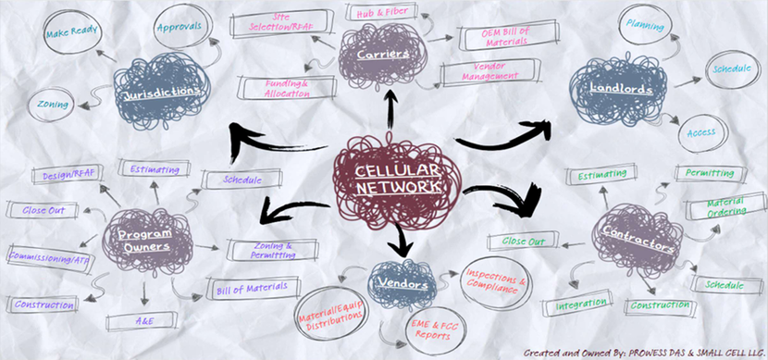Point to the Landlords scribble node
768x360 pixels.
pyautogui.click(x=618, y=89)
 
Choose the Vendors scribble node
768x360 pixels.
pyautogui.click(x=403, y=284)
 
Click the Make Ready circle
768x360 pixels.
pyautogui.click(x=72, y=31)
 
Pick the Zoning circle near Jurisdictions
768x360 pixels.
pyautogui.click(x=51, y=105)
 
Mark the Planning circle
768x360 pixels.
pyautogui.click(x=645, y=25)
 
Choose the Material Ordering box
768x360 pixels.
pyautogui.click(x=725, y=206)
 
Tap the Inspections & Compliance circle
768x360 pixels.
pyautogui.click(x=496, y=282)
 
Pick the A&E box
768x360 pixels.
pyautogui.click(x=139, y=322)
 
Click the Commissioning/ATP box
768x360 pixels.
pyautogui.click(x=49, y=257)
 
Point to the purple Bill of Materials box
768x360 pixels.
pyautogui.click(x=254, y=289)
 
